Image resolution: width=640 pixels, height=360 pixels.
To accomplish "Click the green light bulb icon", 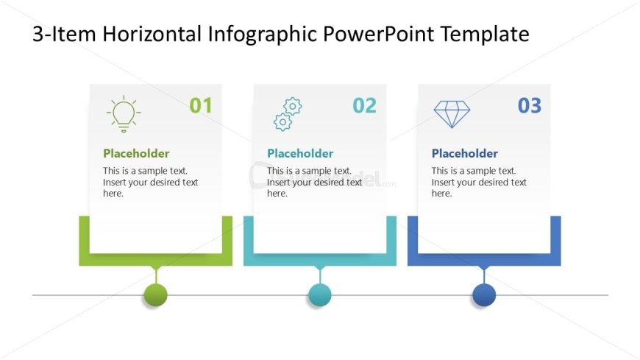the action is click(x=124, y=114).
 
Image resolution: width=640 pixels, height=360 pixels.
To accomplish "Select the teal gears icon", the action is click(x=288, y=114).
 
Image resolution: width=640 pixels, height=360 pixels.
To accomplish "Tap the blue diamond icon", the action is click(x=452, y=114).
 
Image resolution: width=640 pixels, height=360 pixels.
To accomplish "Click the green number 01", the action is click(x=201, y=105).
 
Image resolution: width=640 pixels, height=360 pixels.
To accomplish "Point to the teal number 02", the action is click(x=364, y=105).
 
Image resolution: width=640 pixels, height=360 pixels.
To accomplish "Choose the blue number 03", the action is click(x=530, y=105).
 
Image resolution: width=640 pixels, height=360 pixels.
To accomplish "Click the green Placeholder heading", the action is click(x=136, y=153).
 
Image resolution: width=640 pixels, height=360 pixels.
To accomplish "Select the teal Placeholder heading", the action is click(x=300, y=153).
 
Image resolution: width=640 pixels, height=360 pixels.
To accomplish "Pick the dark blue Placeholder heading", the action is click(x=465, y=153).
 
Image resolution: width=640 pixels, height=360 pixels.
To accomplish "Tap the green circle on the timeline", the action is click(x=155, y=294).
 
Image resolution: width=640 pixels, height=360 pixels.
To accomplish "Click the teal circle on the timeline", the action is click(x=319, y=294).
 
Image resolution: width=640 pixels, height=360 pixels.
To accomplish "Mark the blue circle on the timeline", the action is click(x=484, y=294).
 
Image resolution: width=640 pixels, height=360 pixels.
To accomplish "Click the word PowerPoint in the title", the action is click(x=378, y=34).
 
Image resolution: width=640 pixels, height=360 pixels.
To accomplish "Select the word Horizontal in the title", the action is click(x=152, y=34).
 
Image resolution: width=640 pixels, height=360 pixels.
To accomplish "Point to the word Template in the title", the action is click(x=485, y=35).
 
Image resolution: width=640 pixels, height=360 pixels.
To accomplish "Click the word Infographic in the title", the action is click(x=263, y=35).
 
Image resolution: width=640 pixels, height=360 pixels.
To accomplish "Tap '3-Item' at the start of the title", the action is click(x=64, y=34).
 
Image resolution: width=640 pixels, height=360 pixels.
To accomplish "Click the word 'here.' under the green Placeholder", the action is click(x=113, y=194).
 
